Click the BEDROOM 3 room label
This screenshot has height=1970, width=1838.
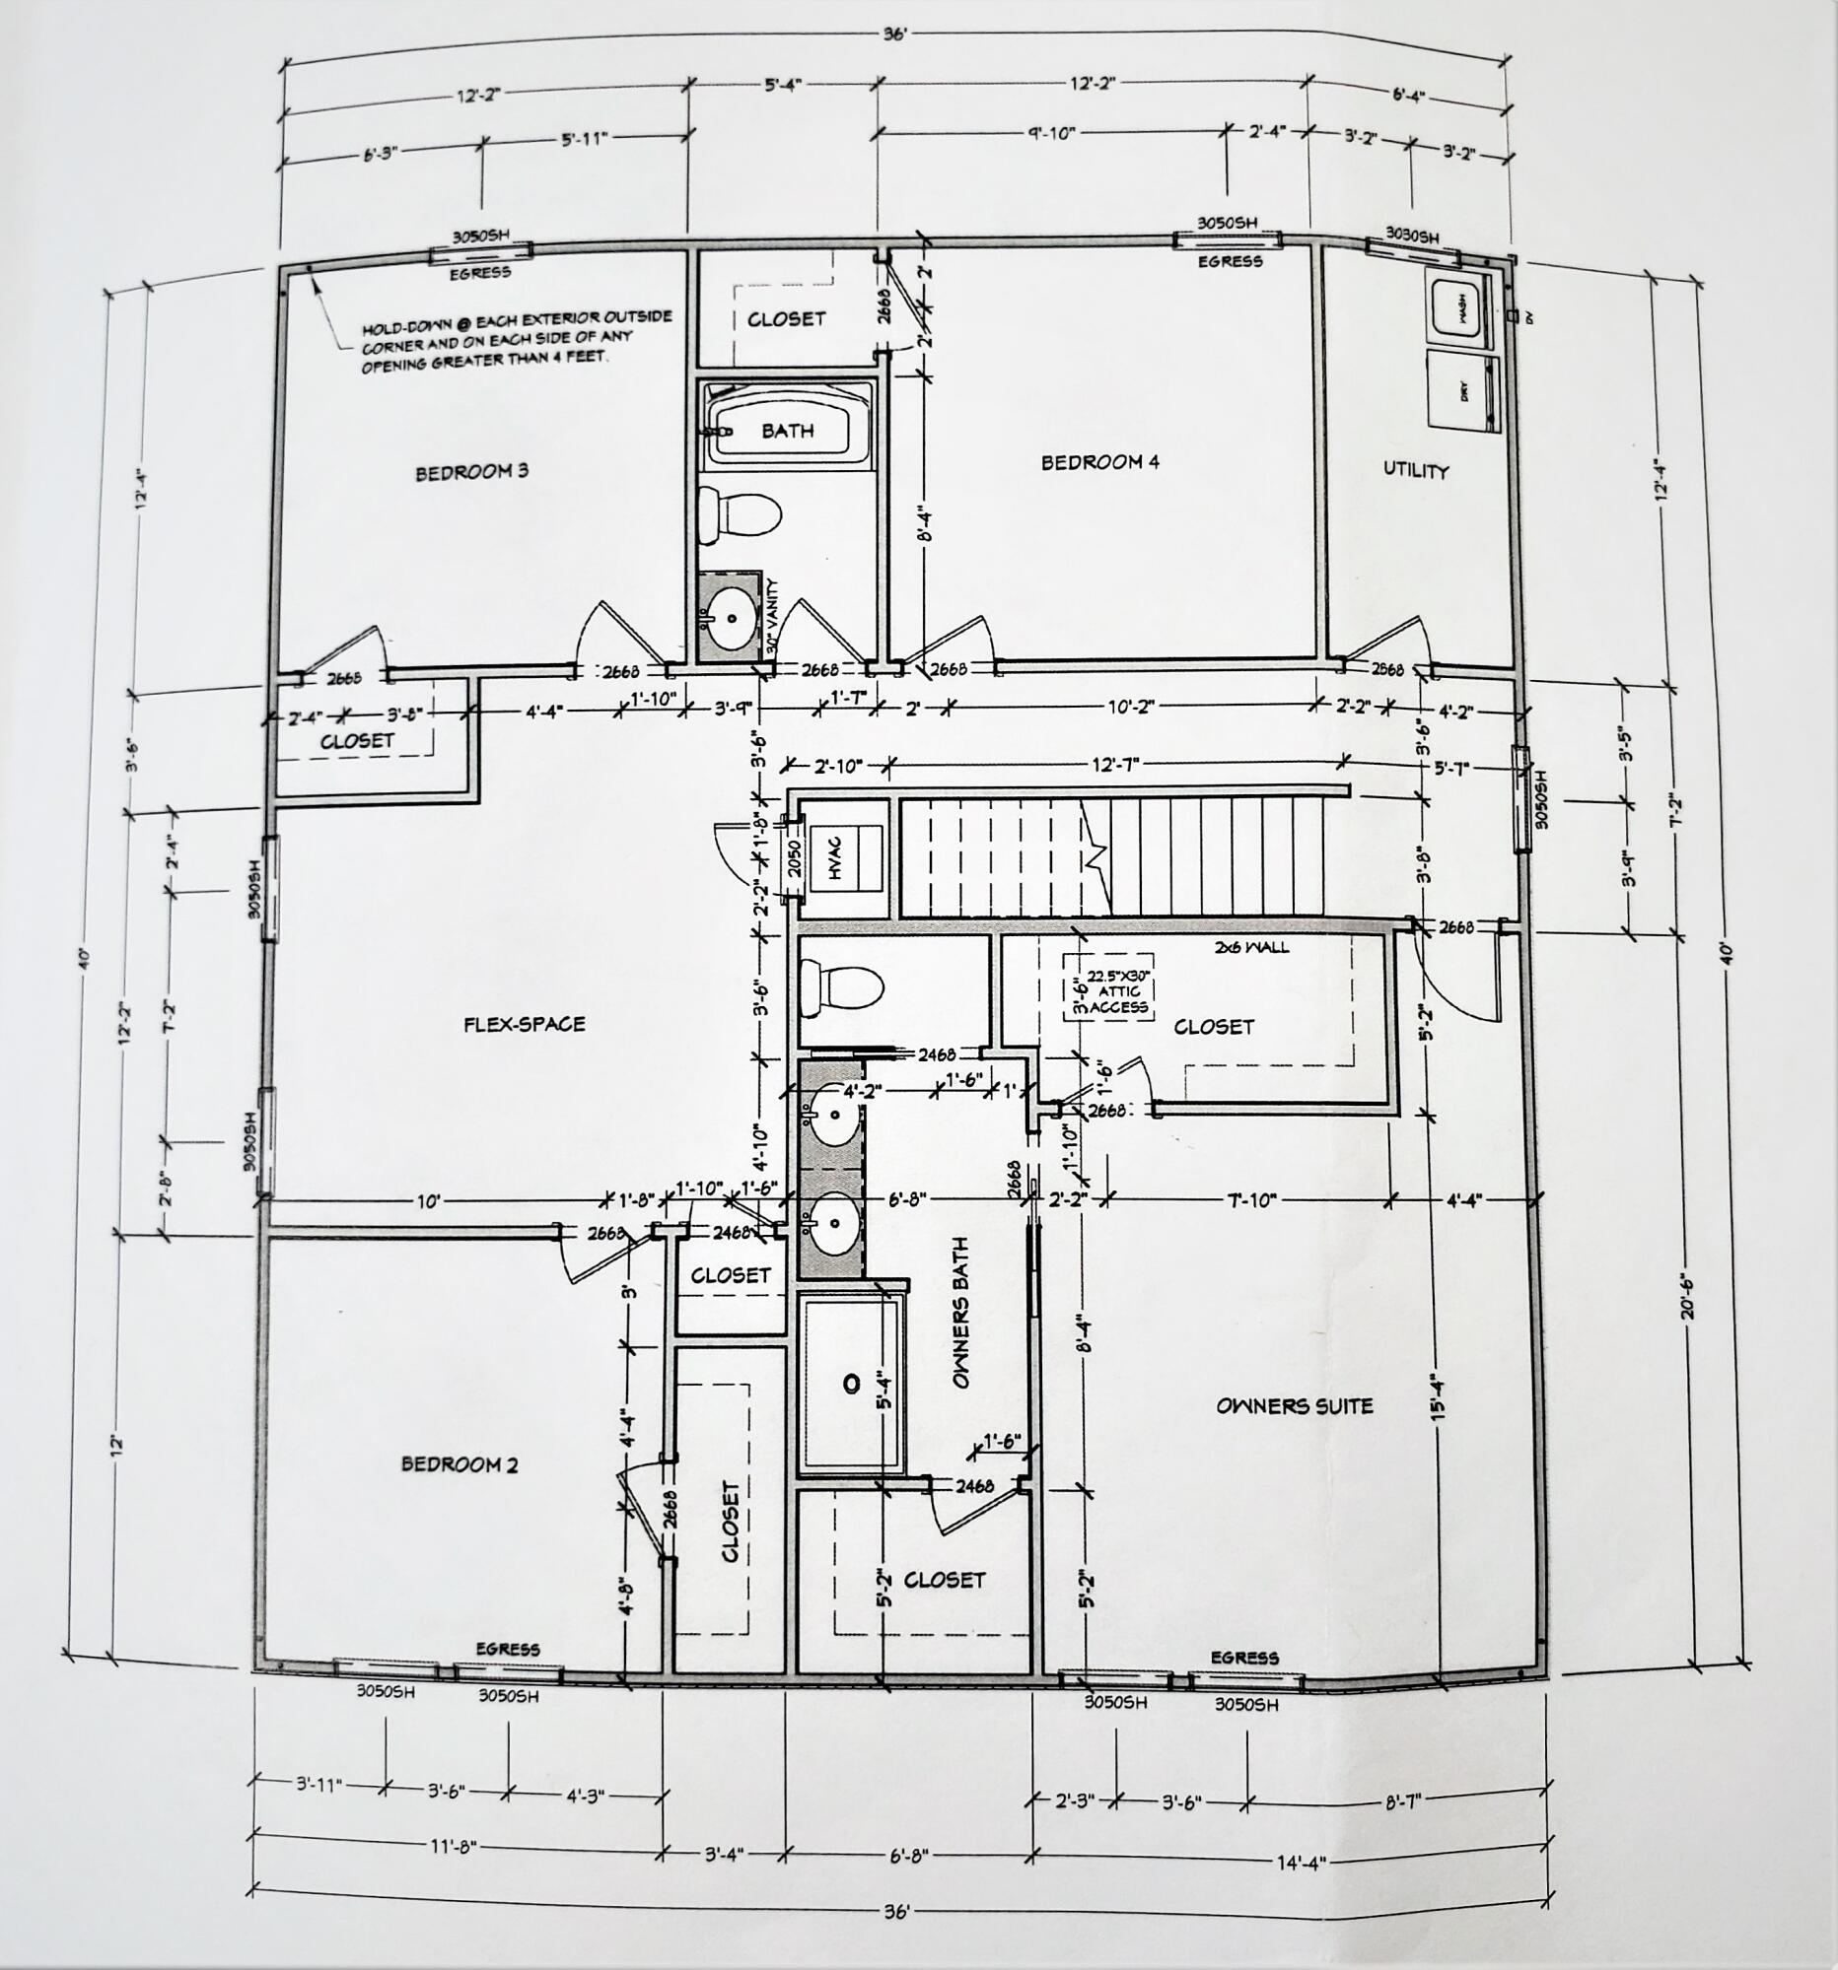(471, 472)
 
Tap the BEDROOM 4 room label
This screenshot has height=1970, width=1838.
(1099, 462)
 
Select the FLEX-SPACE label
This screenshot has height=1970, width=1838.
(525, 1024)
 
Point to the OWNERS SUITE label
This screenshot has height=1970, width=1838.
(1294, 1405)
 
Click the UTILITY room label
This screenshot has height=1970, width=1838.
(1416, 470)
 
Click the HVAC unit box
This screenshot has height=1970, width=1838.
(846, 858)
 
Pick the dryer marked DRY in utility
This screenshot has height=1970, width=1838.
(1462, 389)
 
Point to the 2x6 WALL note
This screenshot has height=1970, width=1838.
(1252, 946)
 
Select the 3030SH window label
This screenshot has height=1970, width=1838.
(1412, 235)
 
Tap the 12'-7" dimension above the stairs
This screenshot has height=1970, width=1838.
(1115, 765)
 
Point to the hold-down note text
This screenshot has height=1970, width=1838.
(516, 339)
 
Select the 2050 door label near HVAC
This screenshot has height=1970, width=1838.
(793, 859)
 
